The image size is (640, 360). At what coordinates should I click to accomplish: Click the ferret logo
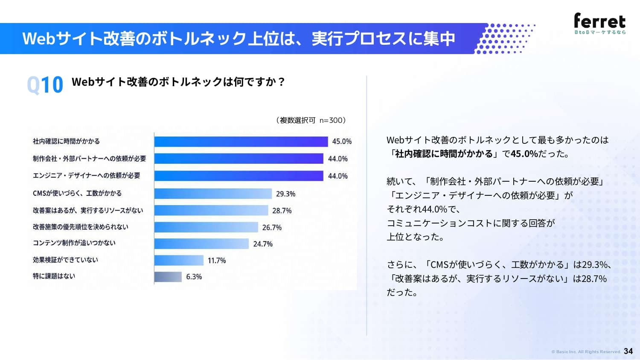[600, 23]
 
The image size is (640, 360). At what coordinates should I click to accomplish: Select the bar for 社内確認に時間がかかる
[241, 142]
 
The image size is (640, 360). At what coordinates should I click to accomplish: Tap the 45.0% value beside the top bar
[342, 142]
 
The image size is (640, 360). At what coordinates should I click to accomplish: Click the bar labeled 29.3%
[213, 194]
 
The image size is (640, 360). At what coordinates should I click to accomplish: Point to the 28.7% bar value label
[282, 211]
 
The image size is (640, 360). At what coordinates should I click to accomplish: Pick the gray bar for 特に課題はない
[168, 277]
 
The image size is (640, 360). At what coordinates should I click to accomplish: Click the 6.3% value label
[194, 277]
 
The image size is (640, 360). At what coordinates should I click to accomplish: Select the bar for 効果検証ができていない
[179, 260]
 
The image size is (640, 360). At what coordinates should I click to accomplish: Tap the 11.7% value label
[217, 261]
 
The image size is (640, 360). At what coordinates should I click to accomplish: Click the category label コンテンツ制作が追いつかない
[74, 243]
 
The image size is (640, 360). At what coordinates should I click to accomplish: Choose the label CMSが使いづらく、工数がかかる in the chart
[77, 193]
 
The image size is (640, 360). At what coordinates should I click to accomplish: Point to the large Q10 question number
[45, 85]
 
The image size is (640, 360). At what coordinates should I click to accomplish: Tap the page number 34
[628, 351]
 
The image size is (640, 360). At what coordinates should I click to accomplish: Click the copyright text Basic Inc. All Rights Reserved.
[588, 352]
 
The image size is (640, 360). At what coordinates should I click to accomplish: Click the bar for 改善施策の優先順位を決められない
[206, 227]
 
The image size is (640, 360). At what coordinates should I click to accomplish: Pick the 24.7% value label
[263, 244]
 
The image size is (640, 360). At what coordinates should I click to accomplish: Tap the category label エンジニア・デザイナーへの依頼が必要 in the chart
[87, 176]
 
